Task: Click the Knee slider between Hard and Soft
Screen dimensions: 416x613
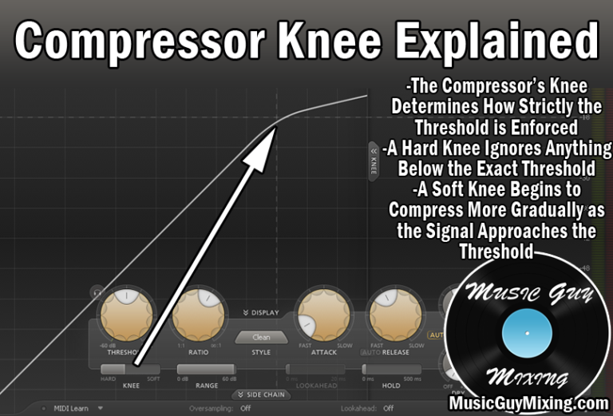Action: coord(130,370)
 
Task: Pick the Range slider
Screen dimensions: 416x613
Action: coord(206,370)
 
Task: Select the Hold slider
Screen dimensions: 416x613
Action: coord(391,370)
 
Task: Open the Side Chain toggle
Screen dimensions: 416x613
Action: coord(261,394)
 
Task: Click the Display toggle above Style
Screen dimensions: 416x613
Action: coord(261,312)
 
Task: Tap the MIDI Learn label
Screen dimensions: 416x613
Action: coord(72,408)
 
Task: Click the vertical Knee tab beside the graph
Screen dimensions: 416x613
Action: coord(374,160)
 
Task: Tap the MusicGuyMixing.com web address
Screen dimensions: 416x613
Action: coord(528,403)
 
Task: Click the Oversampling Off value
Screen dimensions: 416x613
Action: coord(245,408)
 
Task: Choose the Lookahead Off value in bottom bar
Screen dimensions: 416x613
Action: coord(388,408)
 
